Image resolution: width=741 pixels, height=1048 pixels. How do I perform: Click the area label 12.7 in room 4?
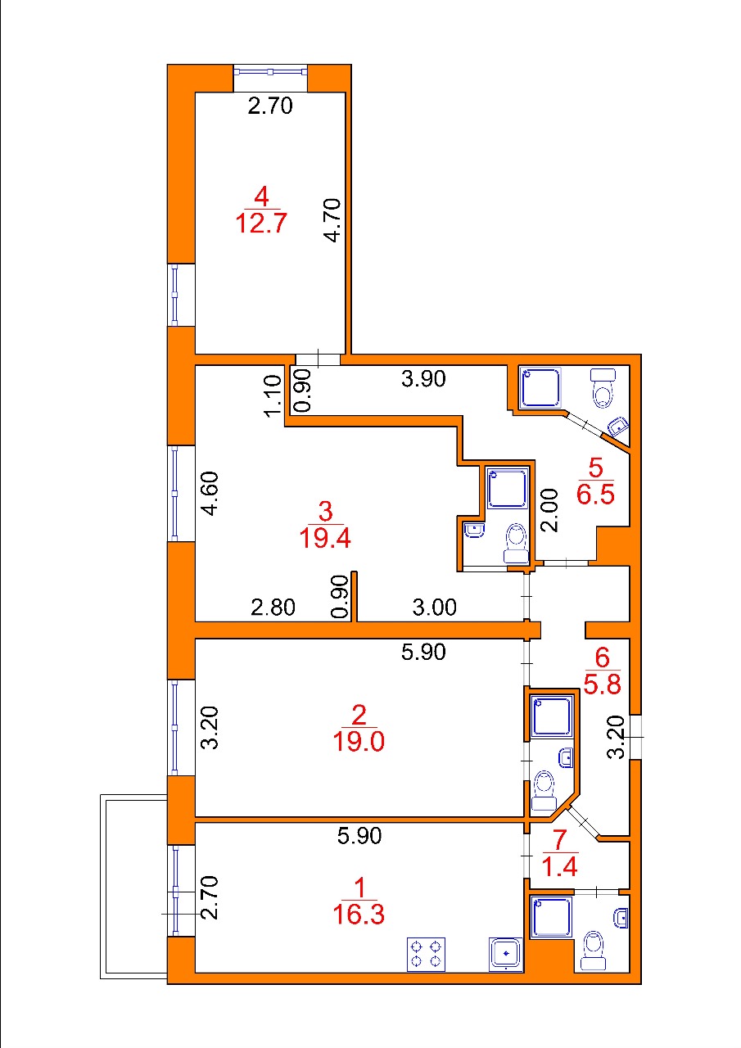pos(260,223)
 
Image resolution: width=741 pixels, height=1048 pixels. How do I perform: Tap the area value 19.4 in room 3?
pos(325,539)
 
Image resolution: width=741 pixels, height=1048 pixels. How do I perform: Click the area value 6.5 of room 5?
pos(595,495)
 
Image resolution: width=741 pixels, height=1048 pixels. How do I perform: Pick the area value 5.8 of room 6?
pos(602,684)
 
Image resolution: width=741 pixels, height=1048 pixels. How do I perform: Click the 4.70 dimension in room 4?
pos(333,220)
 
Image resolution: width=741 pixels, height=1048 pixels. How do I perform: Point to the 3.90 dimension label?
pos(423,379)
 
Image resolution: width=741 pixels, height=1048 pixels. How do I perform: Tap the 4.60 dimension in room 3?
pos(211,494)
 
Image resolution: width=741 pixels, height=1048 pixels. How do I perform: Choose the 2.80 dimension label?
pos(273,608)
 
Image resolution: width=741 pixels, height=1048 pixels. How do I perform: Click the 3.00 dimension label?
pos(434,608)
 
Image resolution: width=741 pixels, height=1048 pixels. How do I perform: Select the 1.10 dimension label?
pos(273,395)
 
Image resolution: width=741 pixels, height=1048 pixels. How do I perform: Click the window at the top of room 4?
pos(270,71)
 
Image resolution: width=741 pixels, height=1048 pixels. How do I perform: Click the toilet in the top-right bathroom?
pos(603,387)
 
